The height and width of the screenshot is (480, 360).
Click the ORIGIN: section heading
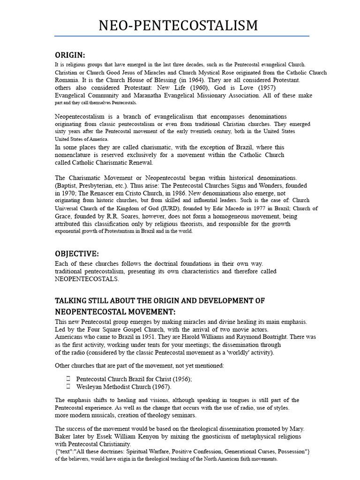click(70, 55)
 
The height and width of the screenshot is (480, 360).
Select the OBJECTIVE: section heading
click(77, 254)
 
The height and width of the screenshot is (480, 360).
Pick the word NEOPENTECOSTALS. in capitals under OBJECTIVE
click(87, 279)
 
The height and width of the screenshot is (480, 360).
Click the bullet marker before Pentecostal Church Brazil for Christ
click(68, 379)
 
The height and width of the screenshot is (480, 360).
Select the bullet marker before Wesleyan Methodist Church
click(68, 387)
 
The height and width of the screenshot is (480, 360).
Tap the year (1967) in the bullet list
click(161, 387)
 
